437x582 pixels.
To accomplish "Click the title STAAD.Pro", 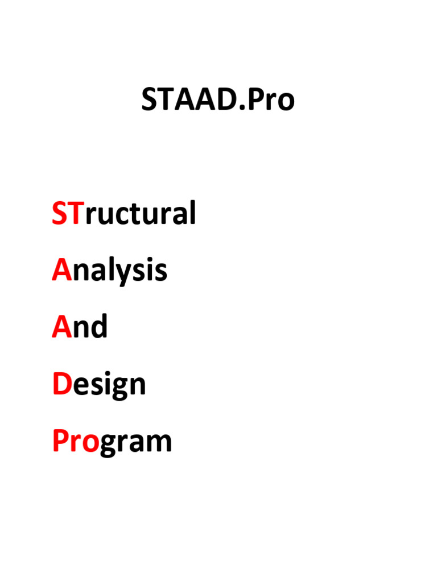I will coord(218,101).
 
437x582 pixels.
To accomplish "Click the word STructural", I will coord(124,214).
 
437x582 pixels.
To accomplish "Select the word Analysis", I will coord(109,271).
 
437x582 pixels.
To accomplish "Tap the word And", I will coord(80,327).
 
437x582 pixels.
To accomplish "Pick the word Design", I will coord(99,385).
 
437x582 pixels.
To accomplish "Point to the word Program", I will coord(112,442).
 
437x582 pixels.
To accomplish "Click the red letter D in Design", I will coord(60,384).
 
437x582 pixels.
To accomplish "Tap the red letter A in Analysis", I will coord(61,271).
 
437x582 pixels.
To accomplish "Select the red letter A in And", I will coord(61,327).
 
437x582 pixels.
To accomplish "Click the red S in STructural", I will coord(59,214).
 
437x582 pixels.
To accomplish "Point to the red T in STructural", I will coord(75,214).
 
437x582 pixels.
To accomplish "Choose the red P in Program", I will coord(60,442).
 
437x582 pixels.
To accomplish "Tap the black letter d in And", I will coord(98,327).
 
